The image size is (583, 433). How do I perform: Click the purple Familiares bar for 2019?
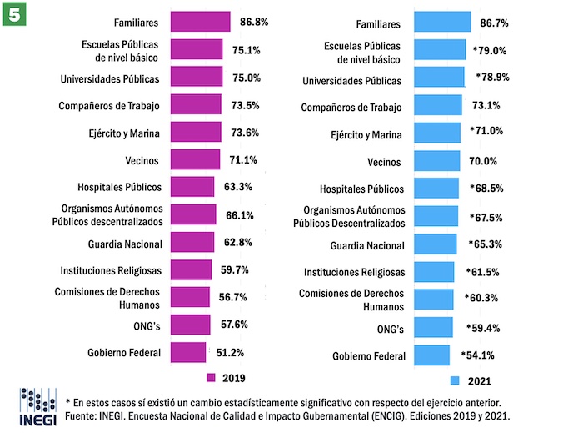click(x=200, y=21)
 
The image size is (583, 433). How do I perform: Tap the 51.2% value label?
click(x=227, y=353)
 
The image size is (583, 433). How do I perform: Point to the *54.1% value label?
click(x=478, y=355)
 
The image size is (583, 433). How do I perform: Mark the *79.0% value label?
click(x=490, y=50)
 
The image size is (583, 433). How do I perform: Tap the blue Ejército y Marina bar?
click(x=436, y=133)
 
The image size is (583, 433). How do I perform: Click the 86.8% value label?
click(x=254, y=20)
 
